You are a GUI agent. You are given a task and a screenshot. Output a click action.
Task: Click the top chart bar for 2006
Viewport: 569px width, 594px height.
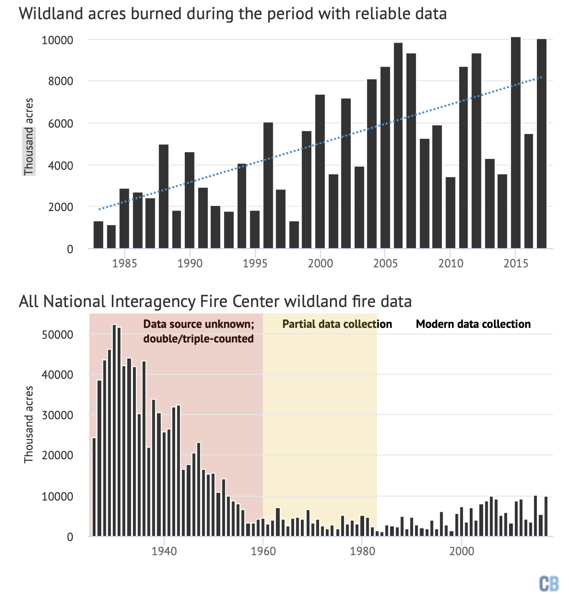(398, 146)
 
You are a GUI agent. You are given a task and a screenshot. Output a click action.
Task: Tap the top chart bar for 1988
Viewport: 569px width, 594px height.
(164, 196)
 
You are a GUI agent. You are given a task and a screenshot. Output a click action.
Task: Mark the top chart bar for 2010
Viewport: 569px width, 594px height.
(451, 213)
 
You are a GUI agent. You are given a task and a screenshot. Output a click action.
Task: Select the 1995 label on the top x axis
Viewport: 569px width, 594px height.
(255, 264)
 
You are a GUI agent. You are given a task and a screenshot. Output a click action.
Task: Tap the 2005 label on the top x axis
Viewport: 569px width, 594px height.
(385, 264)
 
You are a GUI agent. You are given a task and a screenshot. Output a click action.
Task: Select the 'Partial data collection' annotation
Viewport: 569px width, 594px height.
(337, 324)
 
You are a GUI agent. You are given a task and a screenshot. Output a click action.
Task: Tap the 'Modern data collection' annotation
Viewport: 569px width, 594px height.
(473, 324)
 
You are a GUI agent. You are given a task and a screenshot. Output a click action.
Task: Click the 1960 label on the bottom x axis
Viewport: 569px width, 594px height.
(263, 551)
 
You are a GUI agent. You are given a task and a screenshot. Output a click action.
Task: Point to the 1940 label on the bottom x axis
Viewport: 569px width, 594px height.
(164, 551)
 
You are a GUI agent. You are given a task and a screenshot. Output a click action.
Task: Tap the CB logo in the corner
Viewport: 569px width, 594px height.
(549, 583)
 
